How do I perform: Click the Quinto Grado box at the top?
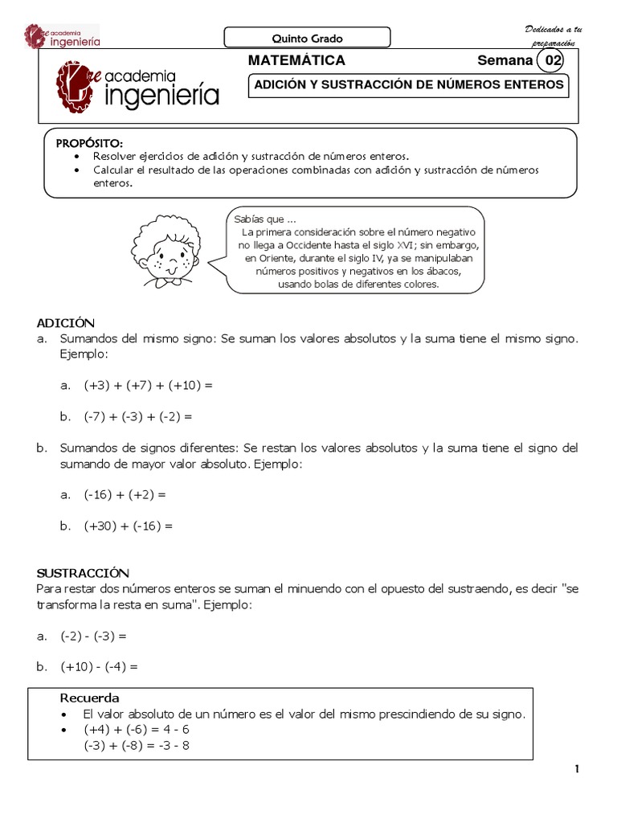click(x=306, y=38)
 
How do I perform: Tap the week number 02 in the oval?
click(x=554, y=61)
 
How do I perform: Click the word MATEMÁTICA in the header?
click(x=296, y=61)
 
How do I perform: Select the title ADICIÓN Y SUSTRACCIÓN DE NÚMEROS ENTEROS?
click(x=409, y=85)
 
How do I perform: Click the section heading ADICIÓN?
click(x=66, y=322)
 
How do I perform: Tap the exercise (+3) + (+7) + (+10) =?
click(x=148, y=386)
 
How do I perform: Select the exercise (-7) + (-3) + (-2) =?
click(x=138, y=417)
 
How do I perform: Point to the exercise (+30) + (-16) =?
click(x=128, y=526)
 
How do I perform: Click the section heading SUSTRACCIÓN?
click(x=83, y=573)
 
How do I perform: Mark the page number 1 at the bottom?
click(x=577, y=769)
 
